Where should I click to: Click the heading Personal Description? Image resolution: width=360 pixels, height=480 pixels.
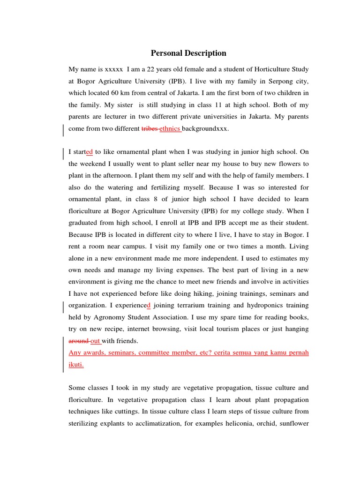click(188, 53)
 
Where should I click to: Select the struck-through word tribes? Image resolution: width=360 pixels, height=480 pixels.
click(150, 128)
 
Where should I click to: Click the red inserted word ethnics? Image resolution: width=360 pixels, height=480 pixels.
click(170, 128)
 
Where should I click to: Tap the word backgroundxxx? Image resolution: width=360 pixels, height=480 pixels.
click(205, 128)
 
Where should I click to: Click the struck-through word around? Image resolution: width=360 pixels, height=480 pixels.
click(78, 341)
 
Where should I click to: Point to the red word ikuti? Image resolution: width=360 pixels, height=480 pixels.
click(76, 364)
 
